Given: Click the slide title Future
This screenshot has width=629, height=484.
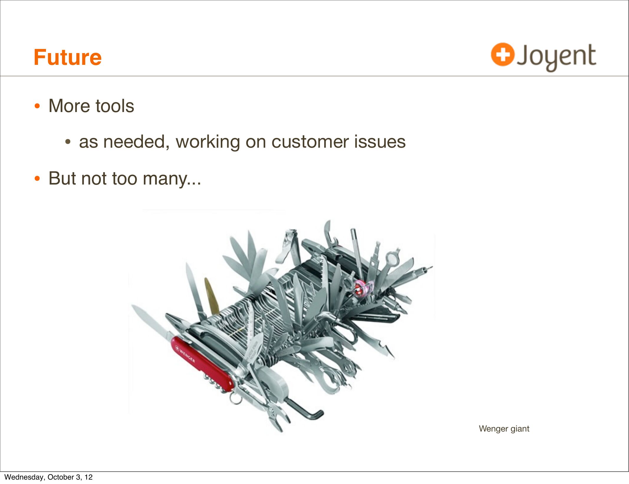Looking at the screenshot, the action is [x=67, y=57].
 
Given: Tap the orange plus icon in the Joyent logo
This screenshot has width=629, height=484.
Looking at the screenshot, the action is [x=503, y=54].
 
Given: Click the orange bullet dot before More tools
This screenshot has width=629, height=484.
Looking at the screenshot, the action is [x=37, y=106].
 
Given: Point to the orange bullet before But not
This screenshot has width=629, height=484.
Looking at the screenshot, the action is [x=37, y=179].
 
